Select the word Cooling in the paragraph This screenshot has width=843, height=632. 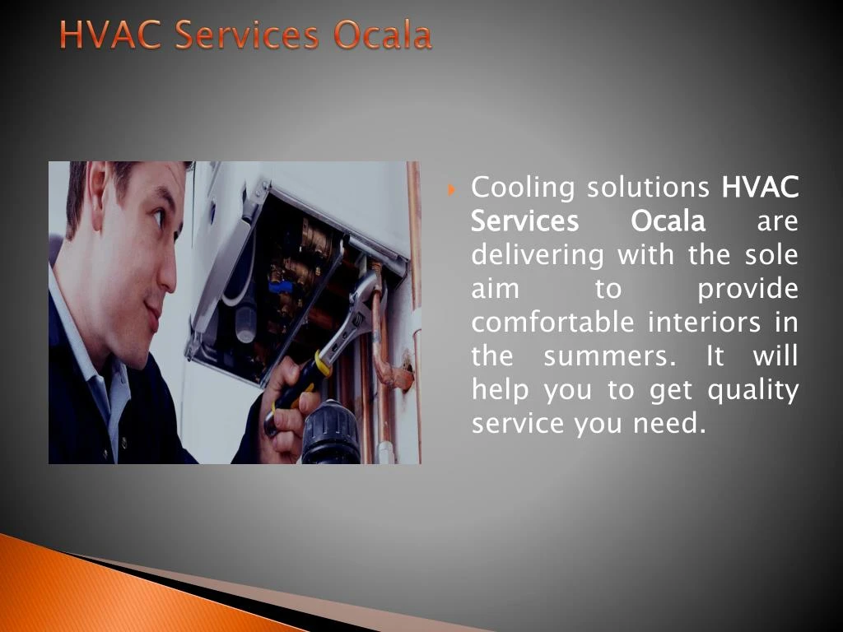(x=523, y=188)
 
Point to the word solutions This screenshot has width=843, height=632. (x=648, y=188)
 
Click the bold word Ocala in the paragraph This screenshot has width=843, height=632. (x=668, y=221)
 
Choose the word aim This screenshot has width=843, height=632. (x=495, y=289)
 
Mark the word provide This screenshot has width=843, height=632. (x=748, y=290)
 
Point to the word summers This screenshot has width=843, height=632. (x=611, y=356)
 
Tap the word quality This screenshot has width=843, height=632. (x=754, y=391)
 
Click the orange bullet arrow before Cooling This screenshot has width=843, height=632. (x=453, y=192)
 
